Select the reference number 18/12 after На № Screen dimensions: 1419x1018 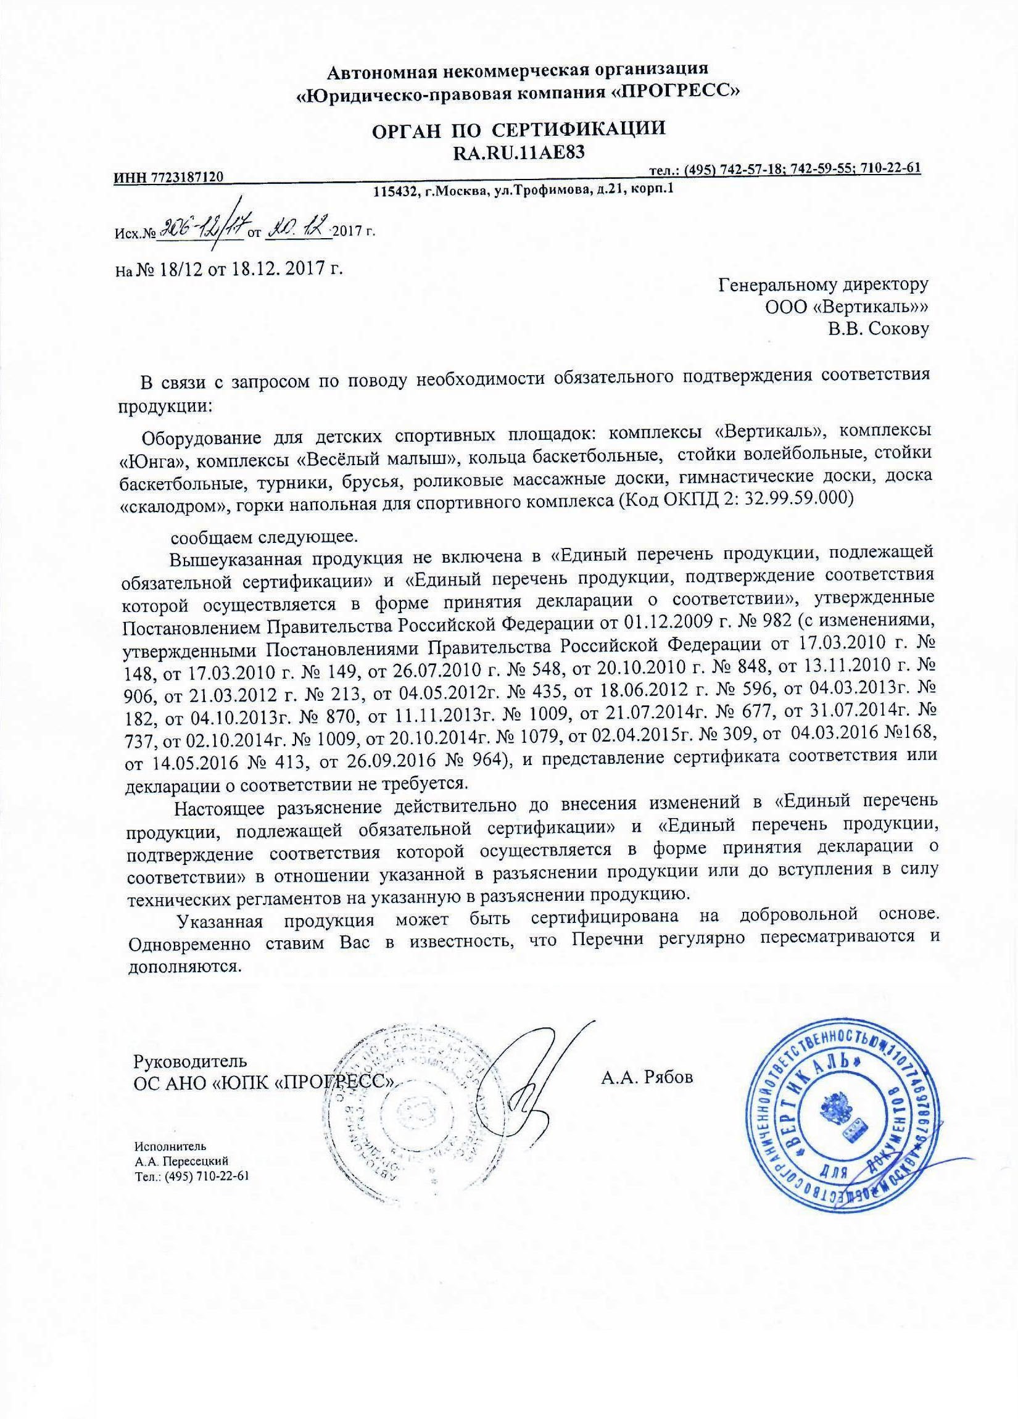pos(176,269)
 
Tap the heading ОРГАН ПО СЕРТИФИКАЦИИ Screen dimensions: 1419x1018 pos(518,130)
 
